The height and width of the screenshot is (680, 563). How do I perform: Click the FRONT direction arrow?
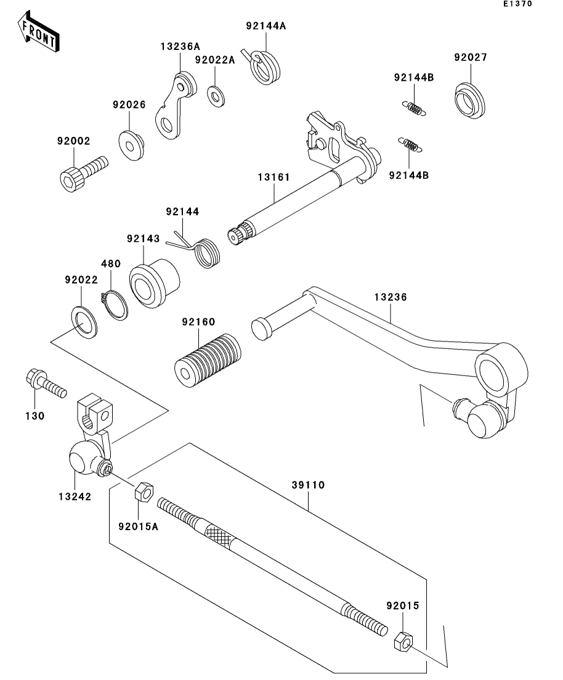pos(38,31)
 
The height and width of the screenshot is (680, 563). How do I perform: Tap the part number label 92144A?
pos(266,26)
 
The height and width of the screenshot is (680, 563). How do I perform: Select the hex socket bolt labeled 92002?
pos(83,174)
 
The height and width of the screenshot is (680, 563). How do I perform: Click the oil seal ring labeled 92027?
pos(470,100)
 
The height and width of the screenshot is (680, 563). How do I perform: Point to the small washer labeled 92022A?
pos(216,96)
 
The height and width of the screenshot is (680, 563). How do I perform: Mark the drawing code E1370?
pos(517,4)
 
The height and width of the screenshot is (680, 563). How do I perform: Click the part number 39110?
pos(308,485)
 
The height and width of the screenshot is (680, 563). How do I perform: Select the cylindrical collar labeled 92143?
pos(154,283)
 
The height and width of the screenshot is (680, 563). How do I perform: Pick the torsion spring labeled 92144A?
pos(262,67)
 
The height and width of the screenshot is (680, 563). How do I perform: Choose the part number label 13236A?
pos(180,46)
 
